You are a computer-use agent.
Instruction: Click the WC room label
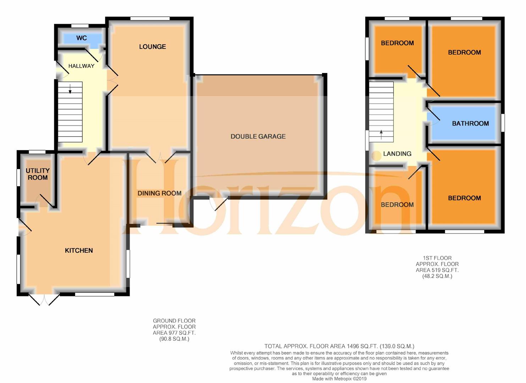pyautogui.click(x=81, y=38)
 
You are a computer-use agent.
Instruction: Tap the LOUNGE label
pyautogui.click(x=153, y=46)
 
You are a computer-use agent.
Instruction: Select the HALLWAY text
pyautogui.click(x=81, y=66)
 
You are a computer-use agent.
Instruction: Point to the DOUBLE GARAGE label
pyautogui.click(x=258, y=136)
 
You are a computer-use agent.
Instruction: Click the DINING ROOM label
pyautogui.click(x=159, y=193)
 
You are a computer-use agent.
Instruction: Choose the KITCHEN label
pyautogui.click(x=79, y=250)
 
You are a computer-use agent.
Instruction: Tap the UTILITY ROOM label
pyautogui.click(x=38, y=174)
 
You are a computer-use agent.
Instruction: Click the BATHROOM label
pyautogui.click(x=470, y=123)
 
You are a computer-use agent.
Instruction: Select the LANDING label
pyautogui.click(x=397, y=154)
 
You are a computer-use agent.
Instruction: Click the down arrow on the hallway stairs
pyautogui.click(x=70, y=89)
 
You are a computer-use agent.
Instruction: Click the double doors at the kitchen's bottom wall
pyautogui.click(x=44, y=300)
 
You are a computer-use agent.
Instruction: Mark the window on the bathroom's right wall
pyautogui.click(x=503, y=123)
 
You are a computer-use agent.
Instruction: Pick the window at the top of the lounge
pyautogui.click(x=150, y=19)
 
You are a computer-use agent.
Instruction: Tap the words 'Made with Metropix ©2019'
pyautogui.click(x=339, y=379)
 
